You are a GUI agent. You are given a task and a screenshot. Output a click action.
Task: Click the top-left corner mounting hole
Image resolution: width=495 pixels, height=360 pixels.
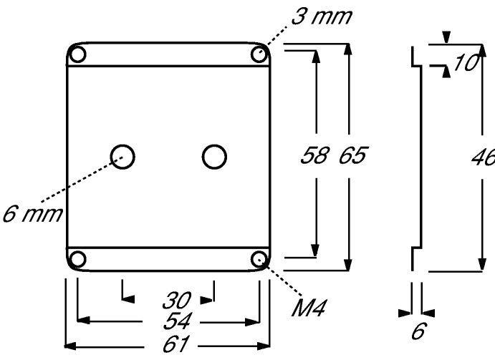point(77,54)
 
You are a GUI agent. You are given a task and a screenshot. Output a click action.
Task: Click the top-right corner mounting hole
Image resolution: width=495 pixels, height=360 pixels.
point(259,54)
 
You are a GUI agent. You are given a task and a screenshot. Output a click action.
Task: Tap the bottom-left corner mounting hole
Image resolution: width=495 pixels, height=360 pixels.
point(77,259)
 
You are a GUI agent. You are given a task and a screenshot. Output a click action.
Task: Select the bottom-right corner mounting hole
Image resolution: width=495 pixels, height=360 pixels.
point(259,259)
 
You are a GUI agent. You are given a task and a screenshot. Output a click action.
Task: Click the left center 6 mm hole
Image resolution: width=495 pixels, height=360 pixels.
point(122,157)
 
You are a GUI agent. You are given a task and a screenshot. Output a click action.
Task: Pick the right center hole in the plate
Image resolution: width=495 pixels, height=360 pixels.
point(214,157)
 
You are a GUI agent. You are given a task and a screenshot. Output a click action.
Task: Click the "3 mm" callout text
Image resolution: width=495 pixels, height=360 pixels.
point(321,16)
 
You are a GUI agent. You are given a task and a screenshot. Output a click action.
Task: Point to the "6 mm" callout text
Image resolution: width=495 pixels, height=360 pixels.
point(32,214)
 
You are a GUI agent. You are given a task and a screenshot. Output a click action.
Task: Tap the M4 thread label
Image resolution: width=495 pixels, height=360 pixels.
point(309,308)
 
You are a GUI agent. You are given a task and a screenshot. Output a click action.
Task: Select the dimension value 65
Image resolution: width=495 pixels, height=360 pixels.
point(353,155)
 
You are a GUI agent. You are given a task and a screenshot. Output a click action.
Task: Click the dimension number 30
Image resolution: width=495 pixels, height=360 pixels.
point(177,300)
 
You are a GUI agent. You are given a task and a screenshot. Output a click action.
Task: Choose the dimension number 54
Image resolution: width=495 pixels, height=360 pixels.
point(178,321)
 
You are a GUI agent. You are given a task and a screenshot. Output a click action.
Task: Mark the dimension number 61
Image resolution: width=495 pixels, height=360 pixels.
point(176,344)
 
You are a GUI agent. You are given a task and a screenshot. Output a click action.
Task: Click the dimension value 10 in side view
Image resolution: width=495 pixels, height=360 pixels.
point(466,62)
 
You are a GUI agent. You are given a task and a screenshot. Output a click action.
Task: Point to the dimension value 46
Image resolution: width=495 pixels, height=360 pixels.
point(483,157)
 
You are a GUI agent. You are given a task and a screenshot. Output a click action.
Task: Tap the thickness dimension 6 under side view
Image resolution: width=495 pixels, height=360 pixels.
point(419,331)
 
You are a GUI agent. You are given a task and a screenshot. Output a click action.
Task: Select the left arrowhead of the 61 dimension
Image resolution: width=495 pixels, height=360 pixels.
point(70,346)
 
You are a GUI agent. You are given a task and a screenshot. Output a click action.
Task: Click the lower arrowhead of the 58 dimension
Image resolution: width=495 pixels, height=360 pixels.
point(315,250)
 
